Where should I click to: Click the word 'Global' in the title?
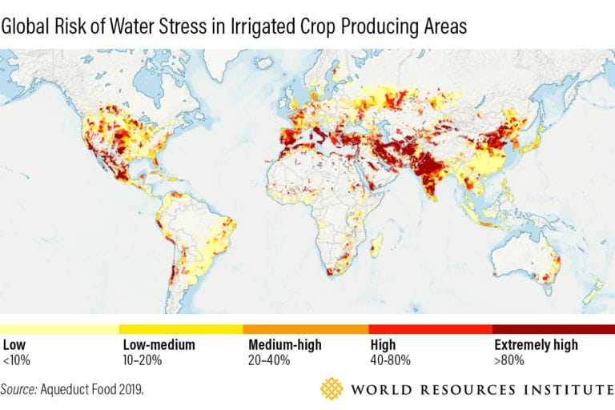[23, 26]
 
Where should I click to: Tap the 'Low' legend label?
[14, 345]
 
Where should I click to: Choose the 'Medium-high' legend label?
[285, 345]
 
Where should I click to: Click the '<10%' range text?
[17, 360]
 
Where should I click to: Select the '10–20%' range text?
[142, 360]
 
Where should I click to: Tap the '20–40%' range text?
[267, 360]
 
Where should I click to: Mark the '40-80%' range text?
[391, 360]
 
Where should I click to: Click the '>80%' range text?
[509, 360]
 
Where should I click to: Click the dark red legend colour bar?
[553, 329]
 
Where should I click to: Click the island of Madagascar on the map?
[376, 243]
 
